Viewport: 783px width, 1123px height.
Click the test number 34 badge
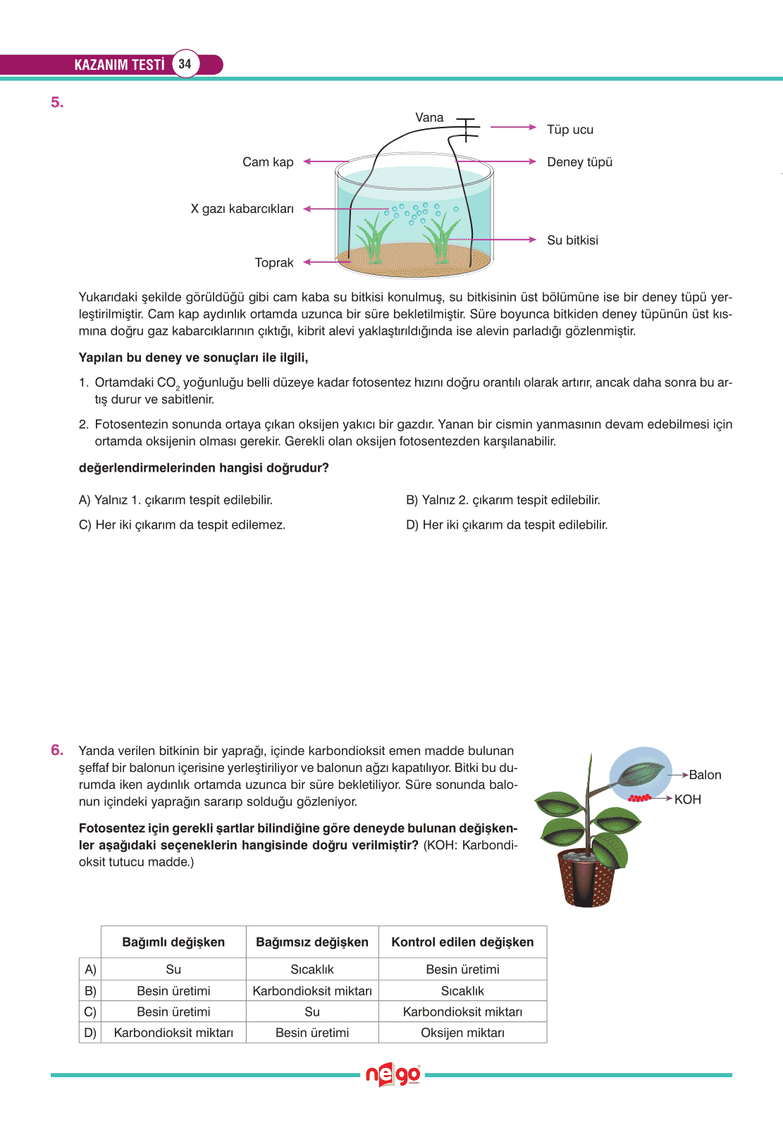185,64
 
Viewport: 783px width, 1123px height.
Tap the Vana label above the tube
429,118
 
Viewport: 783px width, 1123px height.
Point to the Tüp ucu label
570,130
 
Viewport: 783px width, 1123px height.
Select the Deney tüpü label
579,162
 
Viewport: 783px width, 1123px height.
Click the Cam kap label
268,162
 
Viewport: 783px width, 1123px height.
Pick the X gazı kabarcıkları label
242,209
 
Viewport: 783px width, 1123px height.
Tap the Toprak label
274,263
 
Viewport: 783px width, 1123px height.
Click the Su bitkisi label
572,240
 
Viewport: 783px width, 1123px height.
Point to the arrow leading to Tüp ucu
512,128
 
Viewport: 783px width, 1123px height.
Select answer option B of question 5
503,500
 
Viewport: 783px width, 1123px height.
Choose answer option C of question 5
182,525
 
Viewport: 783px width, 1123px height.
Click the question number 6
57,750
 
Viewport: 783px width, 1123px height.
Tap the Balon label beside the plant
705,775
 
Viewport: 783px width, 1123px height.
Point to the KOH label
687,799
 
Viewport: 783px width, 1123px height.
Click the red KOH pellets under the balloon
639,798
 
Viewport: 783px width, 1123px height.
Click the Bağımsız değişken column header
312,943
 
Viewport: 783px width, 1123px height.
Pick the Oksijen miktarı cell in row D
462,1033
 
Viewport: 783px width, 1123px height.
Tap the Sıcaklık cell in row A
312,969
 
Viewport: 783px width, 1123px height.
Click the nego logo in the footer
393,1075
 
